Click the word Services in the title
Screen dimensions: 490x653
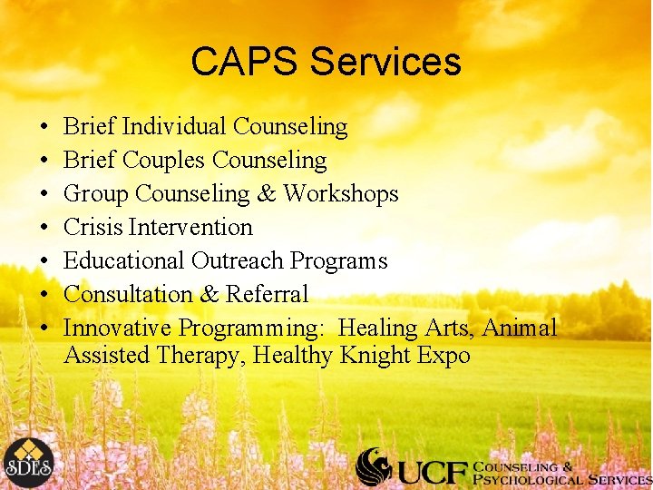pos(385,62)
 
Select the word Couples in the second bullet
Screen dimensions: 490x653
pos(163,160)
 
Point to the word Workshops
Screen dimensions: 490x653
pos(340,193)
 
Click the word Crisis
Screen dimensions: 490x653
pos(93,227)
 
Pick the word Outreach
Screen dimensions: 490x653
pos(238,260)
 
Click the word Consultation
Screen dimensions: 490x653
pos(128,294)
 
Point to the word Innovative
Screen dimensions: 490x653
pos(118,328)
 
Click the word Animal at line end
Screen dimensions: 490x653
pos(521,328)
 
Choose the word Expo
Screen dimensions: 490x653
pos(443,355)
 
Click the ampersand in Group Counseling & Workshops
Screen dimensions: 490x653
pos(266,193)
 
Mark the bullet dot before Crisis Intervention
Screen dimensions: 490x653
pos(44,228)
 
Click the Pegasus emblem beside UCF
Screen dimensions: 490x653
pos(374,466)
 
